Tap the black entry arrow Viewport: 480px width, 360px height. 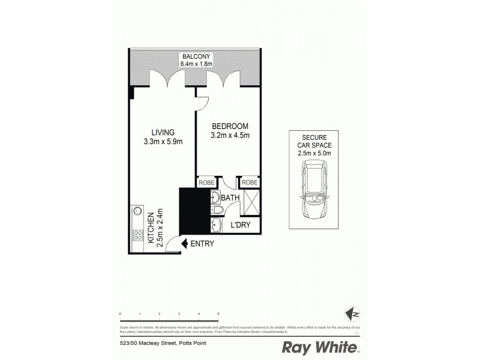[x=185, y=244]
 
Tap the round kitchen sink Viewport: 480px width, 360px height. [x=137, y=211]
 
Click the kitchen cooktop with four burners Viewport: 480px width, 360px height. [x=137, y=235]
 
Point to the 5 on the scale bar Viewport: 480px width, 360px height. [x=218, y=314]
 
